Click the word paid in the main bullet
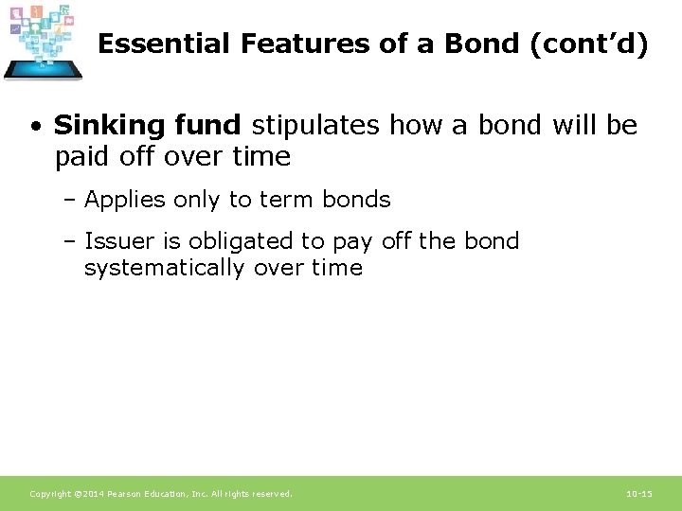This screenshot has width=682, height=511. pyautogui.click(x=81, y=156)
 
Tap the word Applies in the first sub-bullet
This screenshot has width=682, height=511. pyautogui.click(x=124, y=200)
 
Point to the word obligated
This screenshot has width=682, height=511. pyautogui.click(x=234, y=241)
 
